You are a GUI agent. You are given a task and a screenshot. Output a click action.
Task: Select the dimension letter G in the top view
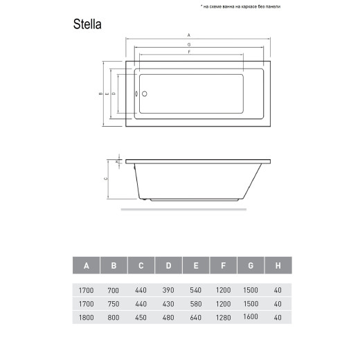[189, 44]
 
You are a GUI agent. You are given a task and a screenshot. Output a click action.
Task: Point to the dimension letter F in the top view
[189, 53]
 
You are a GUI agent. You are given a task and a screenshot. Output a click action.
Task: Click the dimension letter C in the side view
[105, 178]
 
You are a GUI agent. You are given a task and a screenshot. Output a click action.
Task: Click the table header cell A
[86, 266]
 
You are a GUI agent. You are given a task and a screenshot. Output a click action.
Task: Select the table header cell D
[168, 266]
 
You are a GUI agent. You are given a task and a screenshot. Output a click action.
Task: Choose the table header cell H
[277, 266]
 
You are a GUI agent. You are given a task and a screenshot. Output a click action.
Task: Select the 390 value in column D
[168, 291]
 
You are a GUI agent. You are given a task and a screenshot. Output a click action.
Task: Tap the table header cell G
[250, 266]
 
